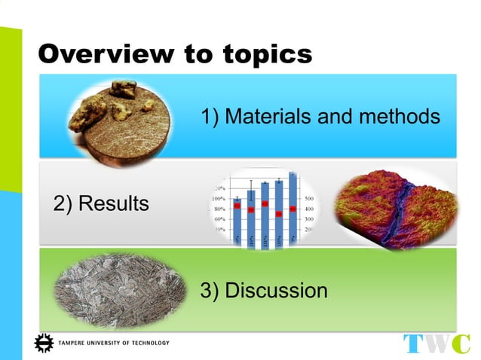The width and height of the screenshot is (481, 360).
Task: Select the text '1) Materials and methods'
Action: click(320, 117)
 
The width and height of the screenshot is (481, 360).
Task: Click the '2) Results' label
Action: click(101, 203)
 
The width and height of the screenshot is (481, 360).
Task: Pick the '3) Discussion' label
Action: click(264, 290)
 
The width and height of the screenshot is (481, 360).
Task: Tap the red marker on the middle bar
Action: click(265, 204)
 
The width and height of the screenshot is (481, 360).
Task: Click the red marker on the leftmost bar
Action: click(237, 206)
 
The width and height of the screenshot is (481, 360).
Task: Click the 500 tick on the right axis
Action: click(310, 198)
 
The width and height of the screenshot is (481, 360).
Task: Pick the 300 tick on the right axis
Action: click(310, 218)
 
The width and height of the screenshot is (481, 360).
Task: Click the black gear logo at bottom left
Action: click(44, 343)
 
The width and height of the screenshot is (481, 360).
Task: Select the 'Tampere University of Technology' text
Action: click(113, 343)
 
